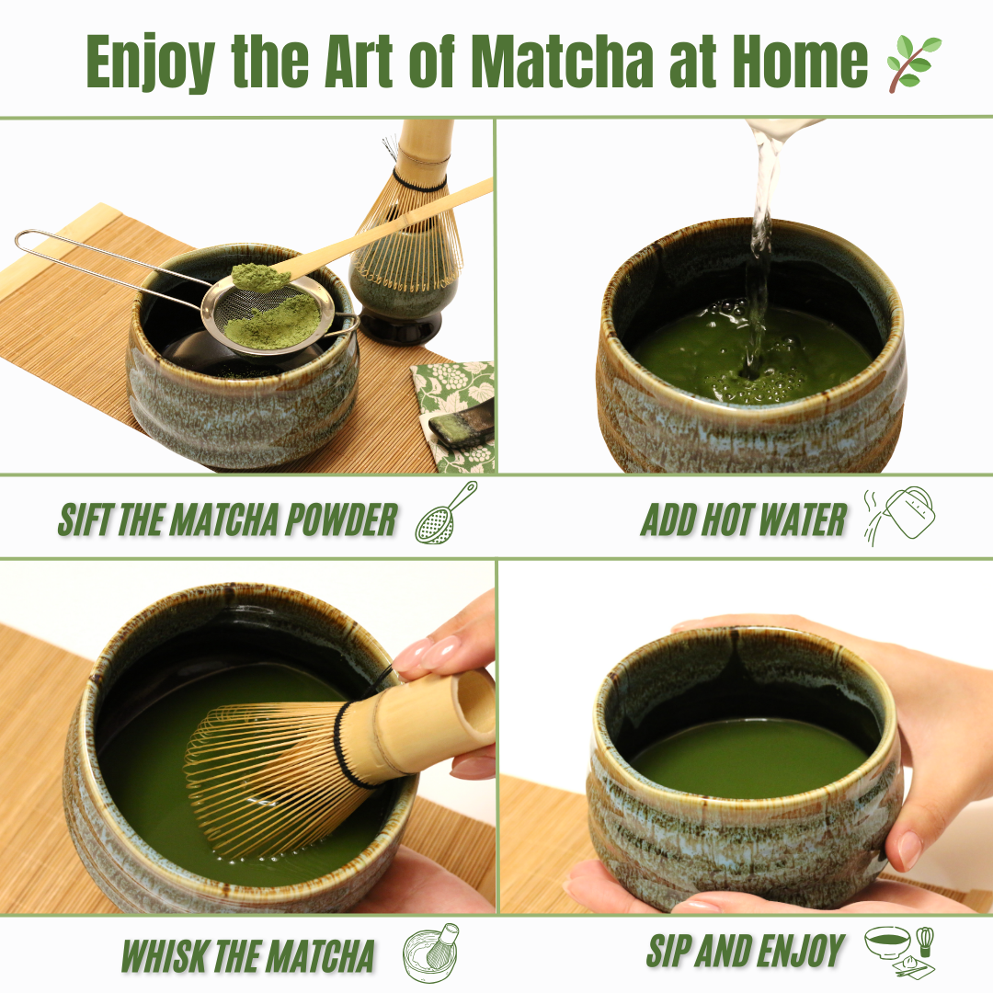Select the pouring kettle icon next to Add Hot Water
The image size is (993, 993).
900,516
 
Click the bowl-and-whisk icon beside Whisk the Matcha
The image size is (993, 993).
430,953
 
